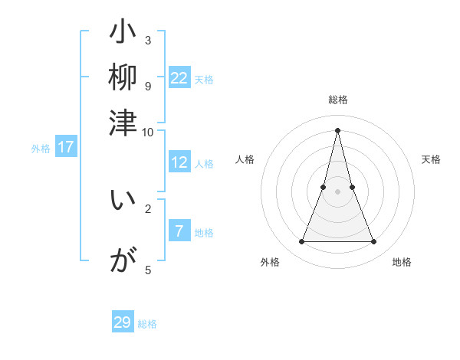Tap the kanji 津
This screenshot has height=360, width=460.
click(123, 122)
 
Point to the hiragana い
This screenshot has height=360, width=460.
click(123, 201)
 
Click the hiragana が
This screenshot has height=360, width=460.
click(123, 262)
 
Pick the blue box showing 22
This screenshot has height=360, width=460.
click(179, 78)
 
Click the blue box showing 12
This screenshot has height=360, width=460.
click(179, 162)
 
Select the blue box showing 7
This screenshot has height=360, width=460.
click(179, 231)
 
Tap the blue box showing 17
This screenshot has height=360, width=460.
click(66, 148)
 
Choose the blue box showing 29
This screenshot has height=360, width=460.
click(123, 322)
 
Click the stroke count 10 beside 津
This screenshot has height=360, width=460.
click(148, 132)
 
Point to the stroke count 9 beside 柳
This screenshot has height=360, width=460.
click(148, 86)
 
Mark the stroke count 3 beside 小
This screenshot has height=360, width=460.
click(148, 40)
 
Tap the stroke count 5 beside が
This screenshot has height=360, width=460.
click(148, 270)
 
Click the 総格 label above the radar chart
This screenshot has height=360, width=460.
click(337, 100)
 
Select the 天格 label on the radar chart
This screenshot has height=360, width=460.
click(431, 159)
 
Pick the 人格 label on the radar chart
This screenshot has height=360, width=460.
click(245, 159)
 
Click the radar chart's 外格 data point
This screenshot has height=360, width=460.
click(301, 242)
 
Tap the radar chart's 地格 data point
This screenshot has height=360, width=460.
click(374, 242)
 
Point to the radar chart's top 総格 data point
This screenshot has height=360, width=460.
click(337, 129)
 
